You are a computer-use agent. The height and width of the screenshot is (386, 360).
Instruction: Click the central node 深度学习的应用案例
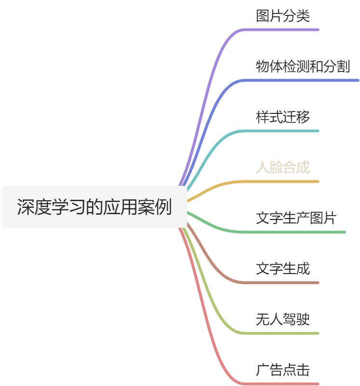(x=95, y=207)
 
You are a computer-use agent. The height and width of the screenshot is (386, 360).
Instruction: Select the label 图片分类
(x=283, y=16)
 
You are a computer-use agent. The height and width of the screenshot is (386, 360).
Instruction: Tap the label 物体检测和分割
(x=303, y=67)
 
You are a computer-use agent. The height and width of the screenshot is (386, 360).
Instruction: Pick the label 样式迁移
(x=283, y=117)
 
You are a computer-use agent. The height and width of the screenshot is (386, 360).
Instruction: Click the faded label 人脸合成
(x=283, y=167)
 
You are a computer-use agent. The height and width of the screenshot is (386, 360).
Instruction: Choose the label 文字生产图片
(x=296, y=218)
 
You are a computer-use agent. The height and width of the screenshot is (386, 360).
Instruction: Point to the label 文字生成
(x=283, y=269)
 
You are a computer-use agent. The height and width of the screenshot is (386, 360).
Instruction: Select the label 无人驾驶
(x=283, y=319)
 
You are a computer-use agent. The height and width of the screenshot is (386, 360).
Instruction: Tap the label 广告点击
(x=283, y=370)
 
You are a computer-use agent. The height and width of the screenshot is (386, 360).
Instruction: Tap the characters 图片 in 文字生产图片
(x=322, y=218)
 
